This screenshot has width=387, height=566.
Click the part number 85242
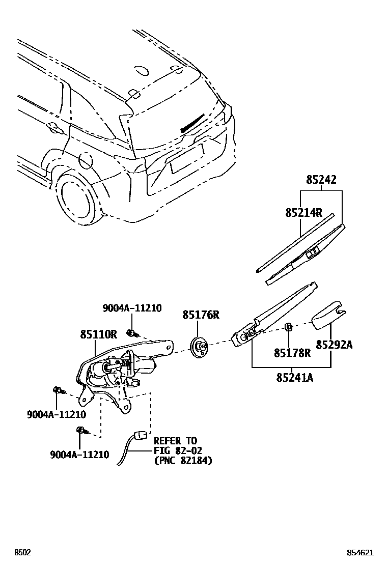[321, 180]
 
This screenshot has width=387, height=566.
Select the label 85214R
[303, 213]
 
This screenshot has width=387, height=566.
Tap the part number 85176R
[201, 315]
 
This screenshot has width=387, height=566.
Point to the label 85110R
[98, 334]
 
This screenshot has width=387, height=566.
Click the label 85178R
[292, 353]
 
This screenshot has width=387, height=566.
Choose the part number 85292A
[334, 345]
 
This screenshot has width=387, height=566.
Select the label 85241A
[295, 377]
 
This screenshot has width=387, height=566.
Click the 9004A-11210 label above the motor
[132, 308]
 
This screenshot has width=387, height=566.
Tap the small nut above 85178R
[287, 327]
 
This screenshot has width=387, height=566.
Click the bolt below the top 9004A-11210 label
[132, 334]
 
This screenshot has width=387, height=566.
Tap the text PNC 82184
[183, 460]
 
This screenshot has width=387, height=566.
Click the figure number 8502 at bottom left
[22, 552]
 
